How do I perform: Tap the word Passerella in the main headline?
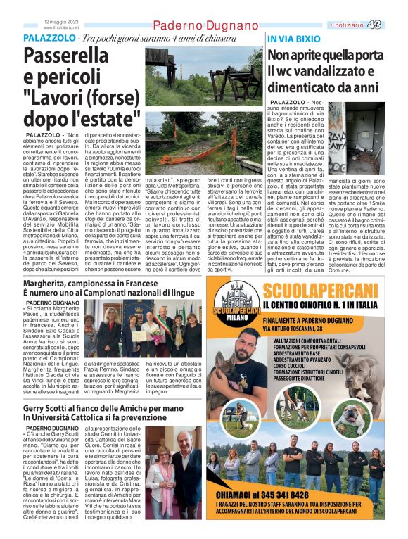pos(69,57)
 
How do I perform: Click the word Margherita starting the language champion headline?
pos(51,283)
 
